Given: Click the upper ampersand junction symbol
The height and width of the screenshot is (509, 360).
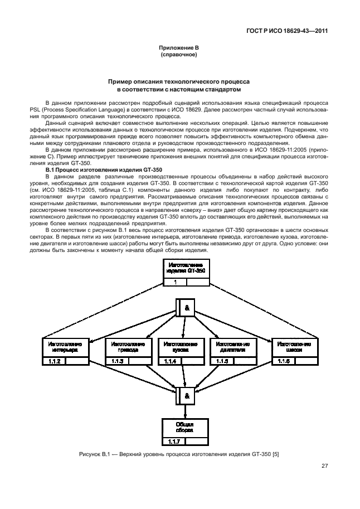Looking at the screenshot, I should point(187,307).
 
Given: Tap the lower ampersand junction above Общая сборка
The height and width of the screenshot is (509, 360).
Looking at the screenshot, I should point(187,395).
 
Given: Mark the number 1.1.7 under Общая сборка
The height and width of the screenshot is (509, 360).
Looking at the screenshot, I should point(173,442).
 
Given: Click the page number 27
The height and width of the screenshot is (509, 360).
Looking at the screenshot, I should point(323,467).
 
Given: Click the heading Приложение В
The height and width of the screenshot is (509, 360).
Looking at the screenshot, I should point(179,50).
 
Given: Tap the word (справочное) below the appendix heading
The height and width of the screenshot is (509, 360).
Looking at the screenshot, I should point(179,56).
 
